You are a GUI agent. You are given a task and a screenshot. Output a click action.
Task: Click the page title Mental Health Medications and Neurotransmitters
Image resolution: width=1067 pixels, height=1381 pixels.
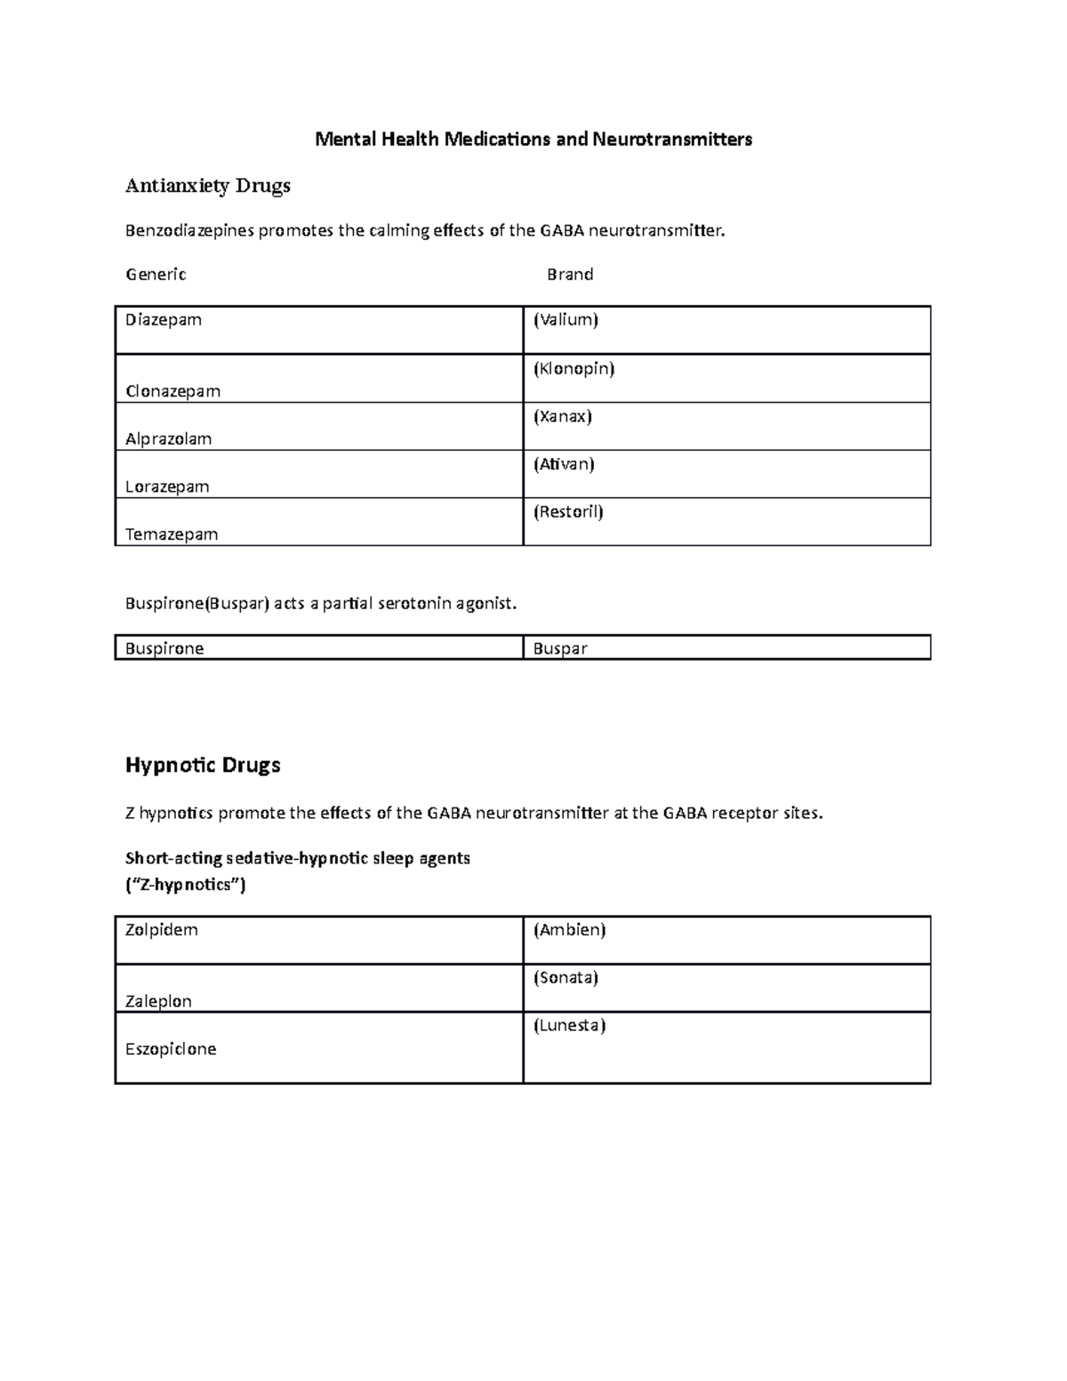tap(533, 140)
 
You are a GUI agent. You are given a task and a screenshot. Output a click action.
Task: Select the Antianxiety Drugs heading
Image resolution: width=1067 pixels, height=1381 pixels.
tap(208, 186)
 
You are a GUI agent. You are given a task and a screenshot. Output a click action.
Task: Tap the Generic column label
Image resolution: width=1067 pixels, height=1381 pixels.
tap(156, 275)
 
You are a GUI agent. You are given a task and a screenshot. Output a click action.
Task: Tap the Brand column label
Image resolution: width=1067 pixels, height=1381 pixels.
tap(570, 275)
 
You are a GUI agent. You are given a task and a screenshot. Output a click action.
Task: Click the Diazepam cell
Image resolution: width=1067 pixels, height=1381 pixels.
tap(164, 320)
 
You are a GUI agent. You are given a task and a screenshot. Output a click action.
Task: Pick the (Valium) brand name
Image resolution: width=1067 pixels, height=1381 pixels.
tap(566, 320)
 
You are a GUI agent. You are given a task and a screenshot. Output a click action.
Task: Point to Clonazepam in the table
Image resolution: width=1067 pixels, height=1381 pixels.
tap(172, 391)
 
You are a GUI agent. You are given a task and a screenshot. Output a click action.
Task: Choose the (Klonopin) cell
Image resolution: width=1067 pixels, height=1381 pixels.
tap(574, 368)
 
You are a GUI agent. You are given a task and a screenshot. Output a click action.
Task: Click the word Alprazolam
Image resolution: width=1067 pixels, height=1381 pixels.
tap(169, 439)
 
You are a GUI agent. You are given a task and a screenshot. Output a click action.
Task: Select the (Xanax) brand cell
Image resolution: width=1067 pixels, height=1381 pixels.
tap(562, 416)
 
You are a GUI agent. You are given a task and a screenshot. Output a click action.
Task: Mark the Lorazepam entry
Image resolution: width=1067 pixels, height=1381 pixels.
tap(167, 487)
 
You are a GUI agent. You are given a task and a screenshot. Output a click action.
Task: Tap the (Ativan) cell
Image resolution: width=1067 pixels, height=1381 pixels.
tap(564, 464)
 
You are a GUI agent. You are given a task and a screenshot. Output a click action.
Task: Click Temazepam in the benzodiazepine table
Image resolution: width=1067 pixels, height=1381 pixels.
tap(172, 534)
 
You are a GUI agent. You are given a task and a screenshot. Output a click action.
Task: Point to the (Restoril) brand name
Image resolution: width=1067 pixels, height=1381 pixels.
tap(568, 512)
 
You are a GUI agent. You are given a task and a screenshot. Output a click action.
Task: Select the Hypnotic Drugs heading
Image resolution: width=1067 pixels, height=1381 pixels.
tap(203, 766)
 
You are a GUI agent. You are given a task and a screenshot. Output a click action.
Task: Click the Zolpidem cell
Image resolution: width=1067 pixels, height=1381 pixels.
tap(161, 930)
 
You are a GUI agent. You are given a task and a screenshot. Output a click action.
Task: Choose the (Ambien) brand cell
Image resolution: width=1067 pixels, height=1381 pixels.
tap(569, 930)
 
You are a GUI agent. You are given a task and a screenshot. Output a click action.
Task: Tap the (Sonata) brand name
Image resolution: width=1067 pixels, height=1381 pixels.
tap(566, 978)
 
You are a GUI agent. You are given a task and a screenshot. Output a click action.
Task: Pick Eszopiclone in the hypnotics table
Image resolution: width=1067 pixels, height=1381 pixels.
tap(171, 1049)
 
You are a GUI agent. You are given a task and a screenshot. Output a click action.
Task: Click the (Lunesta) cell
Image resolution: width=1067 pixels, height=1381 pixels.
tap(569, 1026)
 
